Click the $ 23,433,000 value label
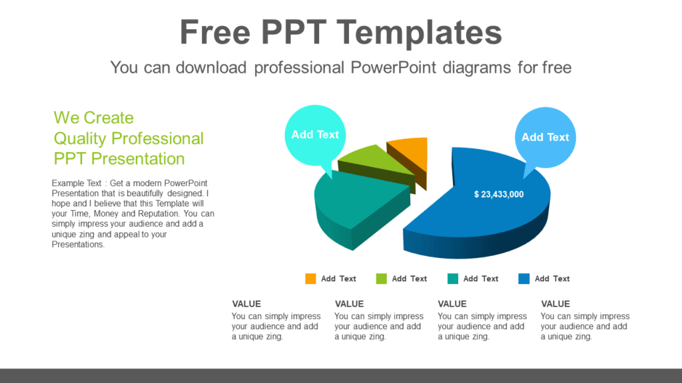tap(499, 194)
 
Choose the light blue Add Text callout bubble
tap(545, 137)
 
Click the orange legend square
tap(310, 279)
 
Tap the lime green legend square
tap(382, 279)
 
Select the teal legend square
tap(453, 279)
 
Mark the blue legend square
tap(524, 279)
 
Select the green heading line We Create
tap(93, 118)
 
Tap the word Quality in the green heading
tap(80, 138)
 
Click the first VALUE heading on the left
tap(246, 304)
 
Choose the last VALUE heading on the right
tap(555, 304)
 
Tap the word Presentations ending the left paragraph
tap(78, 244)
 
